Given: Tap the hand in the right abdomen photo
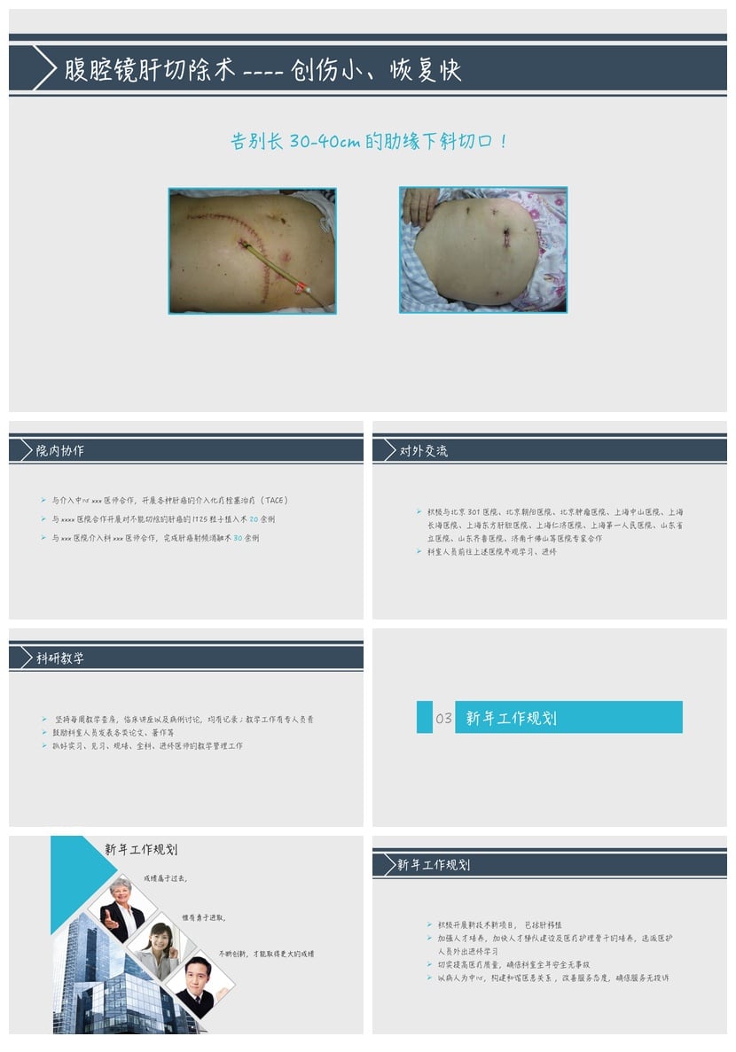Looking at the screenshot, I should pyautogui.click(x=417, y=205).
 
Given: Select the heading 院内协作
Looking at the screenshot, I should pyautogui.click(x=60, y=451).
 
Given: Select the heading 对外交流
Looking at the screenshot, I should pyautogui.click(x=424, y=451).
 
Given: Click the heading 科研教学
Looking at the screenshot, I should pyautogui.click(x=60, y=658).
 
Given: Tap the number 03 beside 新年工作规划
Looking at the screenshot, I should pyautogui.click(x=443, y=718).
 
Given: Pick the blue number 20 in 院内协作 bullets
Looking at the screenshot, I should pyautogui.click(x=254, y=519).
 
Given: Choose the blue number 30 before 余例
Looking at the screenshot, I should pyautogui.click(x=238, y=538).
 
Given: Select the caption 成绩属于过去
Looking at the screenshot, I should pyautogui.click(x=165, y=878).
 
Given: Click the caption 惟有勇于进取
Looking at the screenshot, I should pyautogui.click(x=203, y=918).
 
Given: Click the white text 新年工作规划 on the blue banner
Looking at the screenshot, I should pyautogui.click(x=512, y=718).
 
